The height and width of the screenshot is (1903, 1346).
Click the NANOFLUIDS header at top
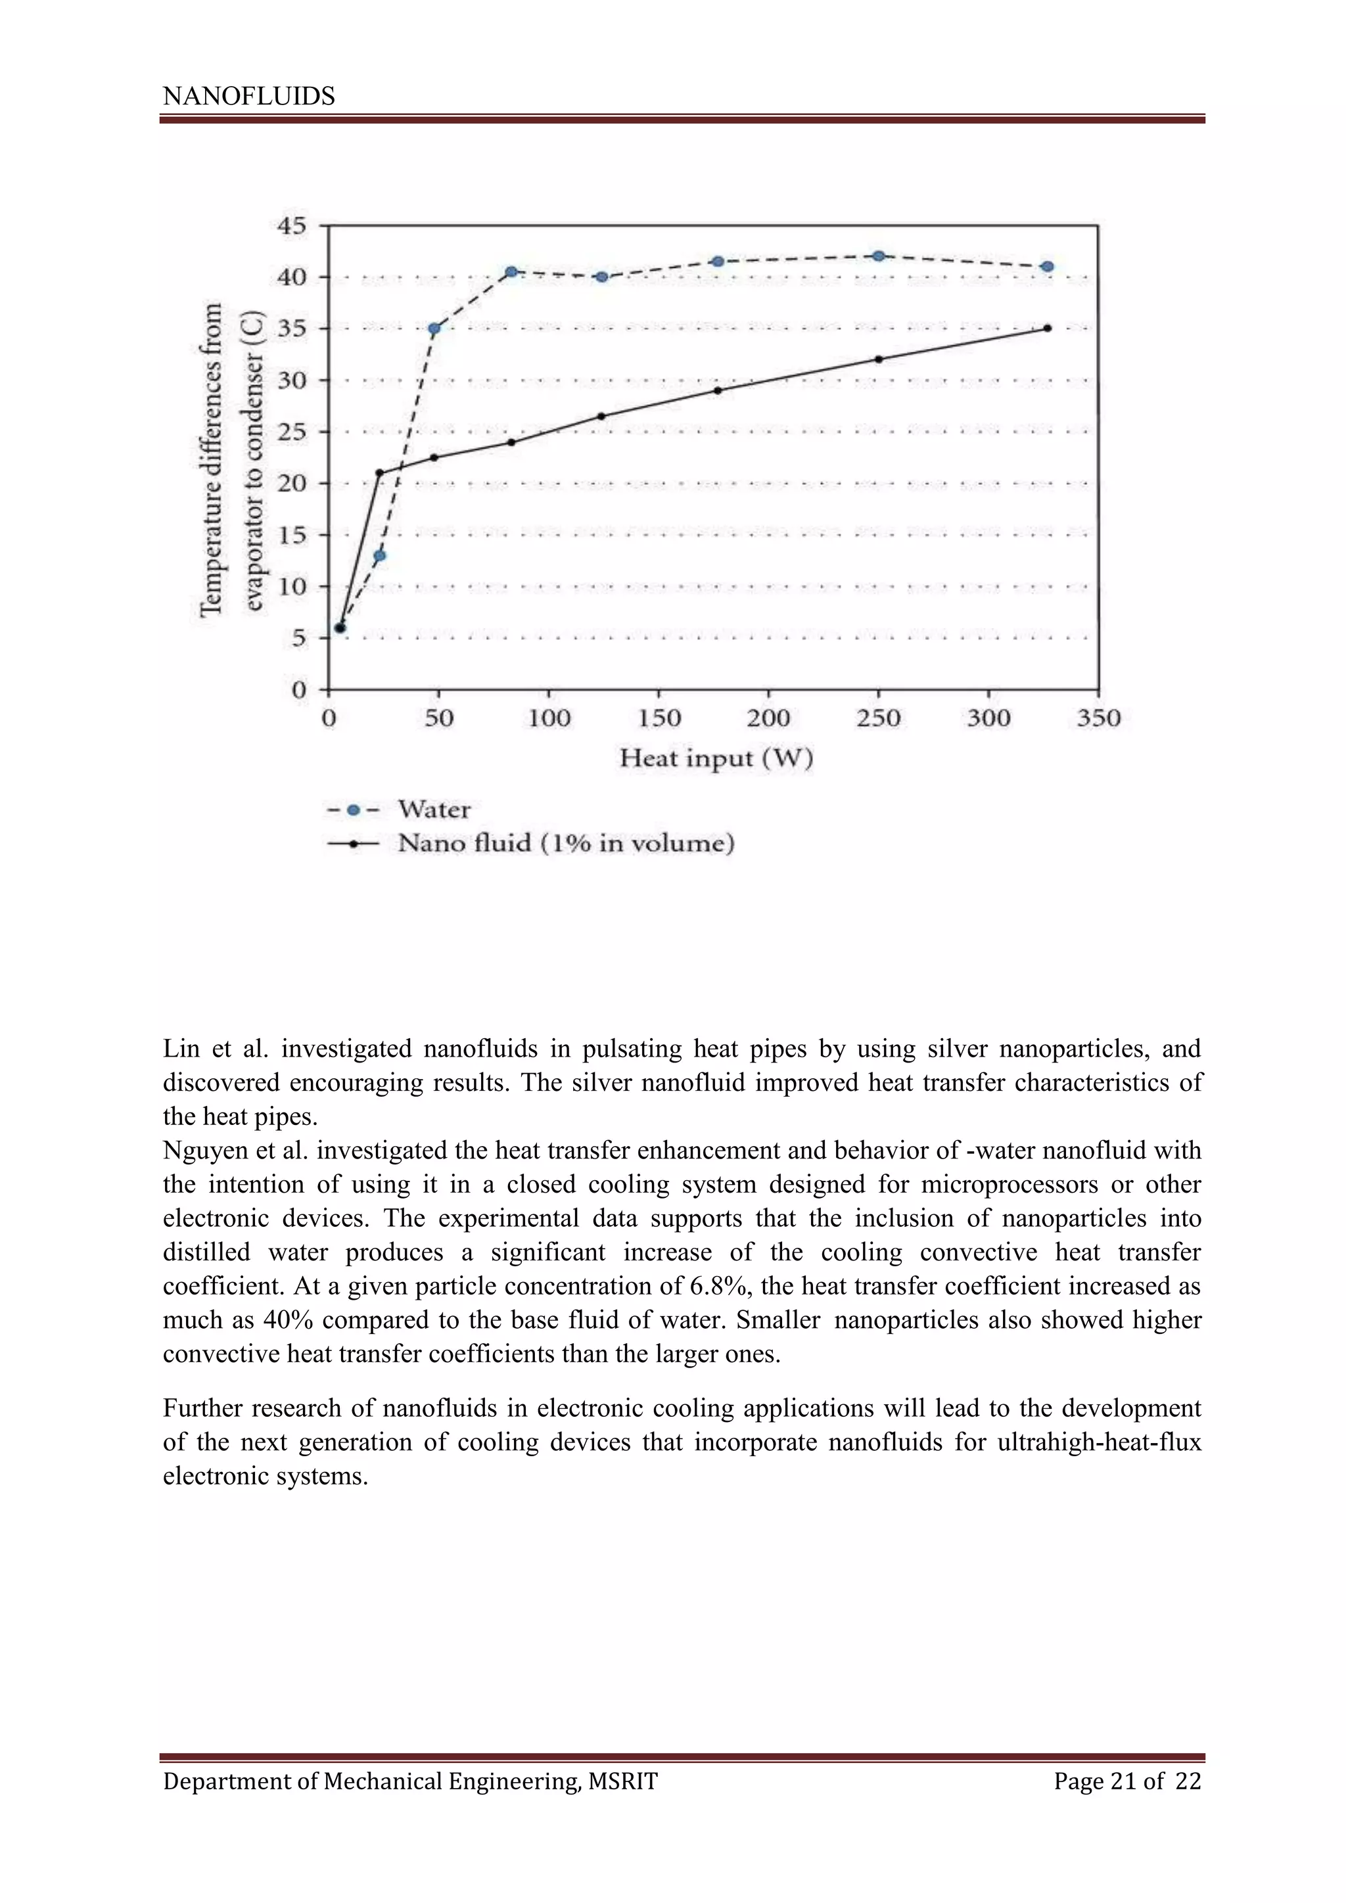[x=248, y=96]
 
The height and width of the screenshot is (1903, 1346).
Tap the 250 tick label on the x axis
[x=879, y=718]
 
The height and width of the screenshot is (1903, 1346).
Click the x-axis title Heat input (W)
[x=716, y=758]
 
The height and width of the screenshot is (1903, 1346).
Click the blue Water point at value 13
[x=380, y=555]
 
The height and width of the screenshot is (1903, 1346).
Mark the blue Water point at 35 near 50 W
[x=434, y=328]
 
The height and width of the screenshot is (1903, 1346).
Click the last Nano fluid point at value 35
[x=1048, y=328]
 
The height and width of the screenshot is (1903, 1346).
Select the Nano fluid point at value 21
[x=380, y=473]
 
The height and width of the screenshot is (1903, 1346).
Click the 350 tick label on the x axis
[x=1098, y=718]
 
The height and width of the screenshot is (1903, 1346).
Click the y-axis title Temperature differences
[x=212, y=459]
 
